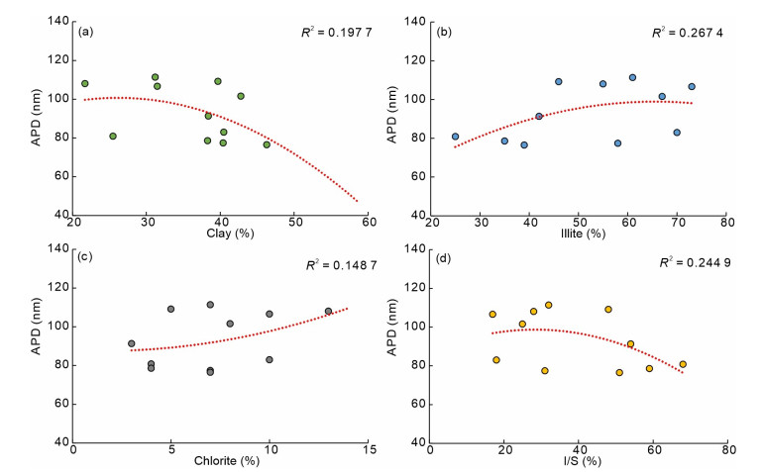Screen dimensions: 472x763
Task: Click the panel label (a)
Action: coord(86,32)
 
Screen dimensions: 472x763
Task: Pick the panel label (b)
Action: coord(443,32)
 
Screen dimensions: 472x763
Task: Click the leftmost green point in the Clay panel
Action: coord(85,83)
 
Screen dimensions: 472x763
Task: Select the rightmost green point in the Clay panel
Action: coord(267,144)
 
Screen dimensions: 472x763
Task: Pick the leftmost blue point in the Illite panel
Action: coord(455,137)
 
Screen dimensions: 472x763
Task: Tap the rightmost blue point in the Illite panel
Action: coord(692,87)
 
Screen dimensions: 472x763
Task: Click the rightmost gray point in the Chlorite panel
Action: coord(329,311)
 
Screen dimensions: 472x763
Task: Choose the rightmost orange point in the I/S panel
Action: coord(683,364)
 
